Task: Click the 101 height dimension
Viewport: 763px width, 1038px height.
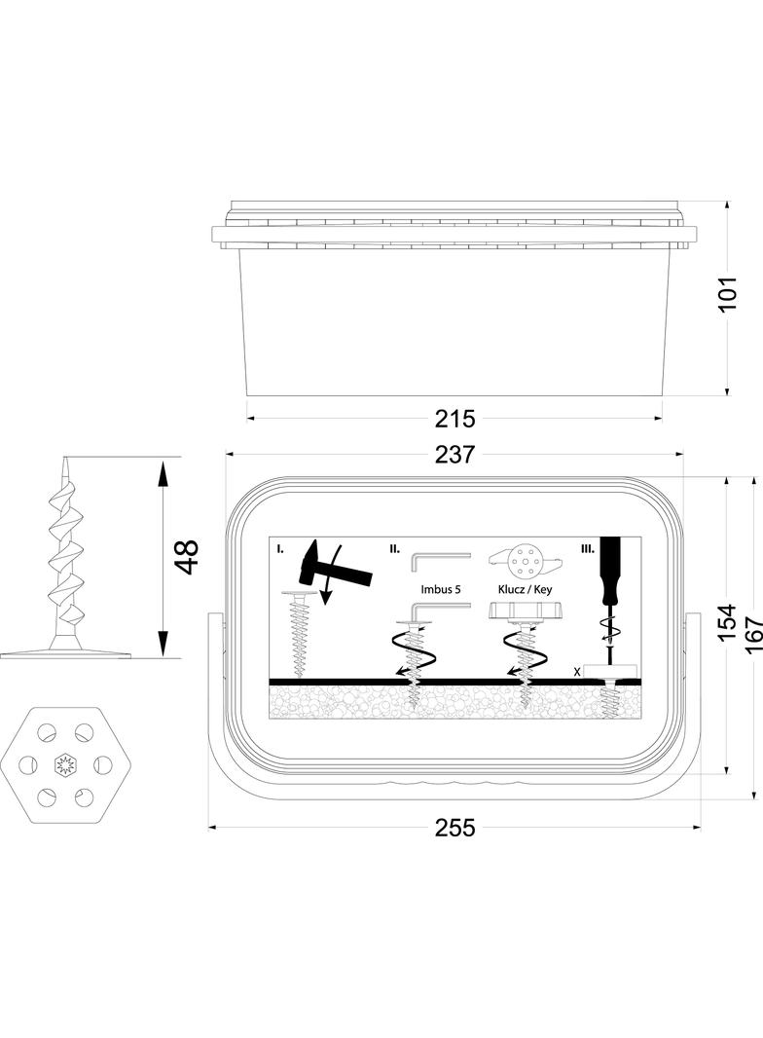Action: [x=727, y=293]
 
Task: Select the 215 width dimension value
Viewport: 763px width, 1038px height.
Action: [x=454, y=419]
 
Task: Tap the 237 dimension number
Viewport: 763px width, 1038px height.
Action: [x=454, y=454]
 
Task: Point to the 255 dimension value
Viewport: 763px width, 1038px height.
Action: [x=454, y=828]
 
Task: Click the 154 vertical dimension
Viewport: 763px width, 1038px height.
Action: [x=727, y=622]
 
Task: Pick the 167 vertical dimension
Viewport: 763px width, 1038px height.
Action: [x=753, y=636]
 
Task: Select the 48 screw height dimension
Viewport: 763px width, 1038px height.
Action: [x=188, y=557]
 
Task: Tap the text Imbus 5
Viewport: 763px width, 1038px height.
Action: [x=440, y=589]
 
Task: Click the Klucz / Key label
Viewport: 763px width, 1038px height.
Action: [x=525, y=589]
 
